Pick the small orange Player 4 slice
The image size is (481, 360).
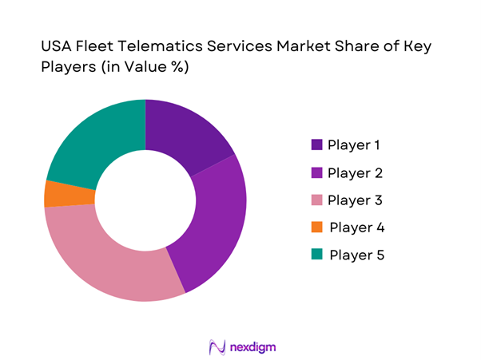coord(58,193)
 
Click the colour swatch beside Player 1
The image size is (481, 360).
coord(317,145)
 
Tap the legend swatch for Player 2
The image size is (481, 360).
coord(317,172)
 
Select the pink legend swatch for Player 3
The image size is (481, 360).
coord(317,200)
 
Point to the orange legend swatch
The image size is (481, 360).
coord(317,227)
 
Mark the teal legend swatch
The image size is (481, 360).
coord(317,255)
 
